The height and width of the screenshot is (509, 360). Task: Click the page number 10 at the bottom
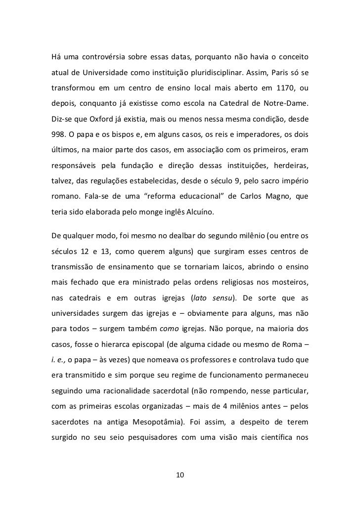click(180, 475)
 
